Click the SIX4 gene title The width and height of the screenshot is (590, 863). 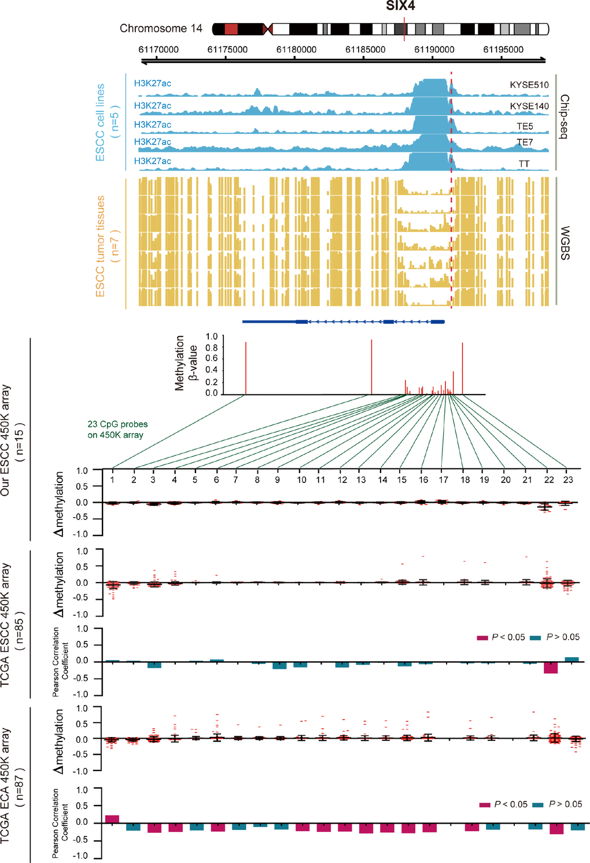pos(400,6)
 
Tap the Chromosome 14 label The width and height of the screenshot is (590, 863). pos(161,28)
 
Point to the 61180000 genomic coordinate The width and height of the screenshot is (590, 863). pos(296,50)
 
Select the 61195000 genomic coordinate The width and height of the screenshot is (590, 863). pos(503,50)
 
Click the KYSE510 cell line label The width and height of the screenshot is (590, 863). pos(529,85)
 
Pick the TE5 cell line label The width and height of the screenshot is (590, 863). pos(525,126)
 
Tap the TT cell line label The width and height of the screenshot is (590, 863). pos(524,164)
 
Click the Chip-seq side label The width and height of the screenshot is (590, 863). pos(565,116)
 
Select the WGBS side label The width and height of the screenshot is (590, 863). pos(565,243)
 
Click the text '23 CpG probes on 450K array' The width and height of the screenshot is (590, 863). pos(117,429)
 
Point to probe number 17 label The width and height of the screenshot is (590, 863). pos(444,480)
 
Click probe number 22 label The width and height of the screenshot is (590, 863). pos(549,480)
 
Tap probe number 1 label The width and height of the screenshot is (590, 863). pos(112,480)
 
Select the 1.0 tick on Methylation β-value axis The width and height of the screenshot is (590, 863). pos(212,337)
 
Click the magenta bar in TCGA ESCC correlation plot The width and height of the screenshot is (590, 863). pos(551,667)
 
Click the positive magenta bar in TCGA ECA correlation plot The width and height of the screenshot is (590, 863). pos(112,819)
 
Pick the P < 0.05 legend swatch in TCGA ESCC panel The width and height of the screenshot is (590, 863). pos(482,638)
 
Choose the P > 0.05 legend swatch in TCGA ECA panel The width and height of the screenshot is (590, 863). pos(538,805)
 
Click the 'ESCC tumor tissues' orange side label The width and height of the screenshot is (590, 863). pos(101,246)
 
